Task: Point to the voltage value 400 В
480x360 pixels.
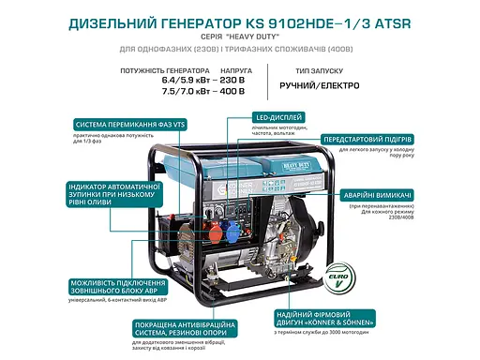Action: click(232, 92)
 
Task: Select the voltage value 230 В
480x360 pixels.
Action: click(232, 82)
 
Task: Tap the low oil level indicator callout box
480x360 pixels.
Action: click(113, 198)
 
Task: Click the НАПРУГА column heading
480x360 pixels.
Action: click(235, 70)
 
